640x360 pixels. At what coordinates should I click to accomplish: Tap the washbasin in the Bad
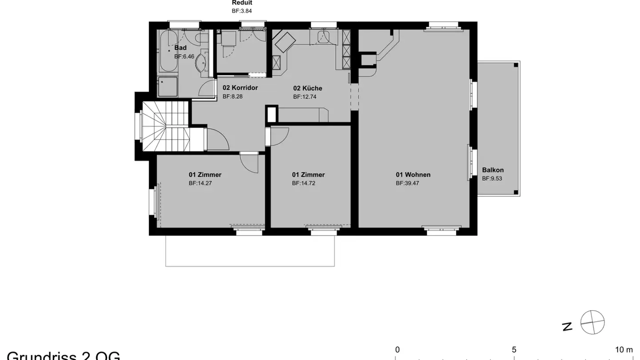tap(201, 64)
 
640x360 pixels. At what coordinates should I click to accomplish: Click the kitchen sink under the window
tap(324, 36)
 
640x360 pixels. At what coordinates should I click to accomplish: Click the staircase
tap(167, 127)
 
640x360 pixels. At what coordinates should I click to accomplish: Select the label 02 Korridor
tap(240, 88)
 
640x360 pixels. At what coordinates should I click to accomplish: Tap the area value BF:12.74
tap(304, 96)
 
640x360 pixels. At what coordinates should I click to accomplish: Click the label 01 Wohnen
tap(413, 175)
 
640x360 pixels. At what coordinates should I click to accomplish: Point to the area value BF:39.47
tap(407, 183)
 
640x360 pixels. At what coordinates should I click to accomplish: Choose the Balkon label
tap(493, 170)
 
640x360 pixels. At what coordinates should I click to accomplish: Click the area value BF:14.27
tap(200, 183)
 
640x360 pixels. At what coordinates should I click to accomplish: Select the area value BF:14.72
tap(304, 183)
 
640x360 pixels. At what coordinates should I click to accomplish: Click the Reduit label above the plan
tap(242, 3)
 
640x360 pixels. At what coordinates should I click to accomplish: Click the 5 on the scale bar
tap(514, 349)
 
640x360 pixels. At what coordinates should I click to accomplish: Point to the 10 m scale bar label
tap(624, 349)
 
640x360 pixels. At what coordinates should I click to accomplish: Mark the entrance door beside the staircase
tap(218, 139)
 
